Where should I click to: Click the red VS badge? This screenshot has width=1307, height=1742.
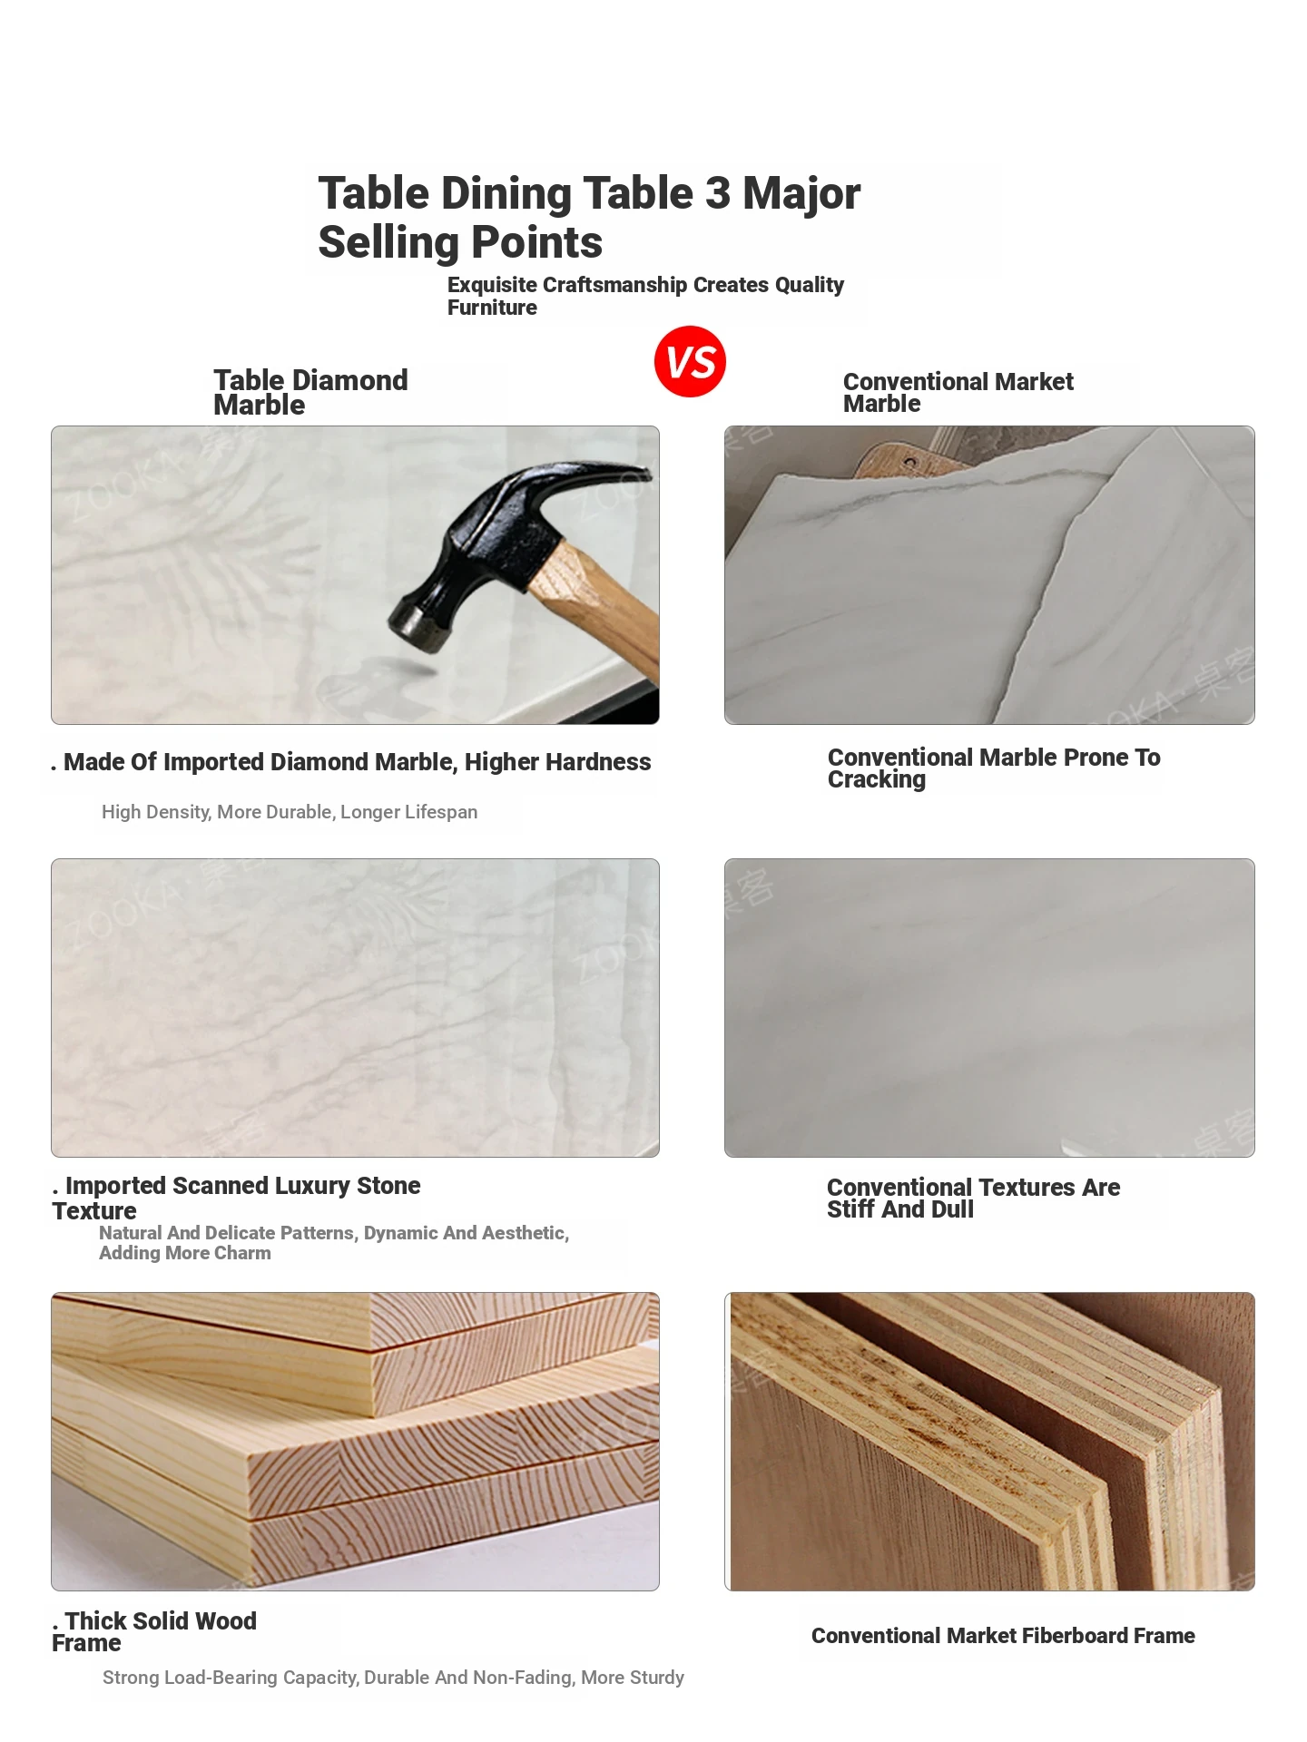click(690, 361)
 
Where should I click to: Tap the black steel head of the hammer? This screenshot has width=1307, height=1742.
click(508, 544)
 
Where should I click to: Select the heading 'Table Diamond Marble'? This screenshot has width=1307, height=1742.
click(310, 392)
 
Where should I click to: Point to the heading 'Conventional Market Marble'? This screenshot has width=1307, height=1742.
click(958, 392)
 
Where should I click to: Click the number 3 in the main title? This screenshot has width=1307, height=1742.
click(717, 193)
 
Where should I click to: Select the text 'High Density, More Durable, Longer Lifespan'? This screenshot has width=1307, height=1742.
click(290, 812)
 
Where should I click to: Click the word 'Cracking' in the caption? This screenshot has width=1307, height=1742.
click(877, 780)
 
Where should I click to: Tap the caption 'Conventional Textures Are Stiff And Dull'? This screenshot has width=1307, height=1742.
click(973, 1198)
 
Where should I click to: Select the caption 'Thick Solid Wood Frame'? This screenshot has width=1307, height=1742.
click(154, 1631)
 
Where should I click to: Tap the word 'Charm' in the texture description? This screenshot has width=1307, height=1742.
click(242, 1253)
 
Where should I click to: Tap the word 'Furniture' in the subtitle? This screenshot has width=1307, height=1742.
click(492, 308)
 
